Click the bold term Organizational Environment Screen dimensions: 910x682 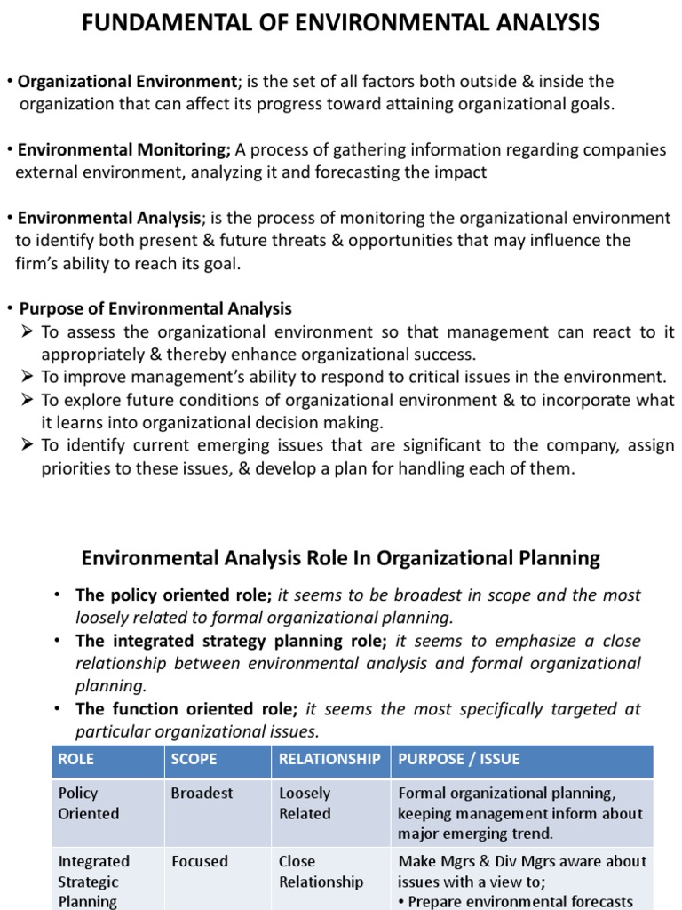click(128, 82)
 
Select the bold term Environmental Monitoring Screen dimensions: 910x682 click(123, 150)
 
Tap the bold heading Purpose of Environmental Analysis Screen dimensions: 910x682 click(155, 309)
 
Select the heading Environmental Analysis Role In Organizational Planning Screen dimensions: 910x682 click(341, 558)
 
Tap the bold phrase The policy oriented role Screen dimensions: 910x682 click(173, 595)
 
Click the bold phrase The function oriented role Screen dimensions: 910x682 click(186, 709)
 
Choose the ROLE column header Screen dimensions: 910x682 click(76, 759)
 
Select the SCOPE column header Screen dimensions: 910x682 click(194, 759)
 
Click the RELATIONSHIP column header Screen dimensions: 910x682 click(329, 759)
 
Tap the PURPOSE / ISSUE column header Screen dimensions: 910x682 click(459, 759)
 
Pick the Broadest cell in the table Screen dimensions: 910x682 click(202, 793)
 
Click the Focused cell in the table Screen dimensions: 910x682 click(199, 861)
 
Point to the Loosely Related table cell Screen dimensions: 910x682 click(305, 803)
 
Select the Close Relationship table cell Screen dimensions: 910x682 click(321, 872)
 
